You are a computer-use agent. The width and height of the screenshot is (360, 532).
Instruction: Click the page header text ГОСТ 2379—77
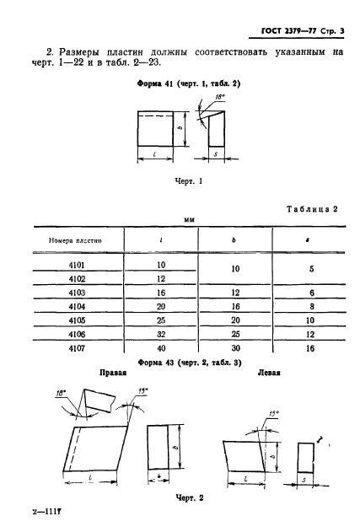(x=288, y=31)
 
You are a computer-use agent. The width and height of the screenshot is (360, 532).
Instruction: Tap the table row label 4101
(x=77, y=265)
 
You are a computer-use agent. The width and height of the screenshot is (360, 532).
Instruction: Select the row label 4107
(x=77, y=348)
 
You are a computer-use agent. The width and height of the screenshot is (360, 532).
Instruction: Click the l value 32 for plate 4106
(x=161, y=334)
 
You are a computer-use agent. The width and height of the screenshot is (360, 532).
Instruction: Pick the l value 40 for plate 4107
(x=161, y=348)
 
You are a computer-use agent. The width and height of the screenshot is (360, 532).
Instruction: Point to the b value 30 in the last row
(x=235, y=348)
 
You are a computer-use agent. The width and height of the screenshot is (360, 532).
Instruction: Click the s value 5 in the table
(x=311, y=269)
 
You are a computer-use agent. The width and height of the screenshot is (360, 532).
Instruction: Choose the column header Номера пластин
(x=75, y=240)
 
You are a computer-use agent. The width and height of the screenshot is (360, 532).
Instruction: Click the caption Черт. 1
(x=189, y=180)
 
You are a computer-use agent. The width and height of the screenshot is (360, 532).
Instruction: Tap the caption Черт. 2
(x=190, y=497)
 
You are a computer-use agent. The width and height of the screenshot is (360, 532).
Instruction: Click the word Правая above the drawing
(x=113, y=373)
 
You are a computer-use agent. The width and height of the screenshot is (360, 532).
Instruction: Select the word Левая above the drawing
(x=269, y=373)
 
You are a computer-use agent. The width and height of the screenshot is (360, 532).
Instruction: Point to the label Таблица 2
(x=312, y=208)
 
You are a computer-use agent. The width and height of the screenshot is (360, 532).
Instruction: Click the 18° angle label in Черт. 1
(x=220, y=97)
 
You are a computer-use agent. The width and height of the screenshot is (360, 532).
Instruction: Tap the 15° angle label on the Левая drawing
(x=273, y=414)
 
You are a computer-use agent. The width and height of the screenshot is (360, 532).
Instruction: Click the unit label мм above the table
(x=189, y=220)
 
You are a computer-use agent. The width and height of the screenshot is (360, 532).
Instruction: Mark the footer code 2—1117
(x=46, y=512)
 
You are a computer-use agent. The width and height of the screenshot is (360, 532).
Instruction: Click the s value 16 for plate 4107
(x=310, y=348)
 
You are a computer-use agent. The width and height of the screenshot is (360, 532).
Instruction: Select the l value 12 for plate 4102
(x=161, y=278)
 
